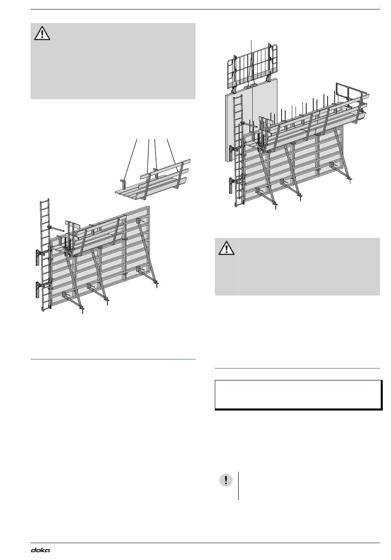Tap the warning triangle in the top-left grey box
pos(42,33)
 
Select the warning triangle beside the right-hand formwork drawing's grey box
pos(226,248)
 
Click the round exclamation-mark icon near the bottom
pos(226,480)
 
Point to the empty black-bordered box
pos(298,395)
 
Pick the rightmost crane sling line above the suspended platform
pos(173,155)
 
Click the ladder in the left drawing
pos(45,255)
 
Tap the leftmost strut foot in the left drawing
pos(82,310)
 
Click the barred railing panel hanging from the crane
pos(252,66)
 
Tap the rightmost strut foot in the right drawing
pos(349,179)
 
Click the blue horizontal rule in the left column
pos(113,359)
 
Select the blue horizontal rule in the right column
pos(297,368)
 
